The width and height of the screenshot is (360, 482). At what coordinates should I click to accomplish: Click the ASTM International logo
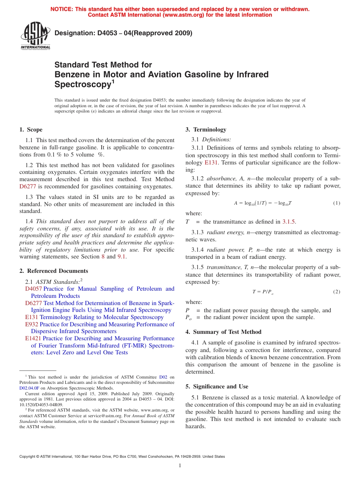click(35, 36)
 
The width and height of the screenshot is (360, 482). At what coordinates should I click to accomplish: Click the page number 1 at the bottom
click(180, 466)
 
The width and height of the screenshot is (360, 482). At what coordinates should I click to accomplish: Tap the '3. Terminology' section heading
click(206, 130)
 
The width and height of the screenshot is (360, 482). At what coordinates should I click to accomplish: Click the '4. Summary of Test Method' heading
click(223, 332)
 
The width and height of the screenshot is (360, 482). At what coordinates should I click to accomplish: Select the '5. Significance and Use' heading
click(217, 387)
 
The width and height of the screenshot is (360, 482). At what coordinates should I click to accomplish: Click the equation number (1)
click(337, 203)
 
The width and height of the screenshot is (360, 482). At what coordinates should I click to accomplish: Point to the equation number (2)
click(337, 292)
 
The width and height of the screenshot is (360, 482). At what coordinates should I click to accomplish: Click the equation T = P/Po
click(262, 292)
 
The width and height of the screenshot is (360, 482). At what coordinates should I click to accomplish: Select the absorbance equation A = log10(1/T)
click(263, 203)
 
